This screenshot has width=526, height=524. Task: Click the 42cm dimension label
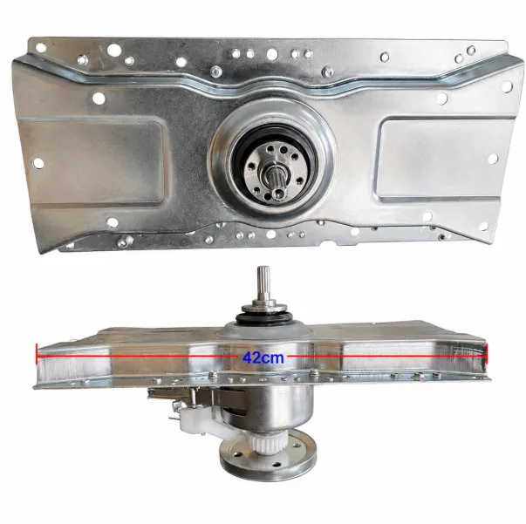[263, 357]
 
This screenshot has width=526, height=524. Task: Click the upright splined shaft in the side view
[263, 283]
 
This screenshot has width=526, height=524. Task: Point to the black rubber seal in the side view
[263, 317]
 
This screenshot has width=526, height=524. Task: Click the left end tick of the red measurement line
[37, 353]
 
